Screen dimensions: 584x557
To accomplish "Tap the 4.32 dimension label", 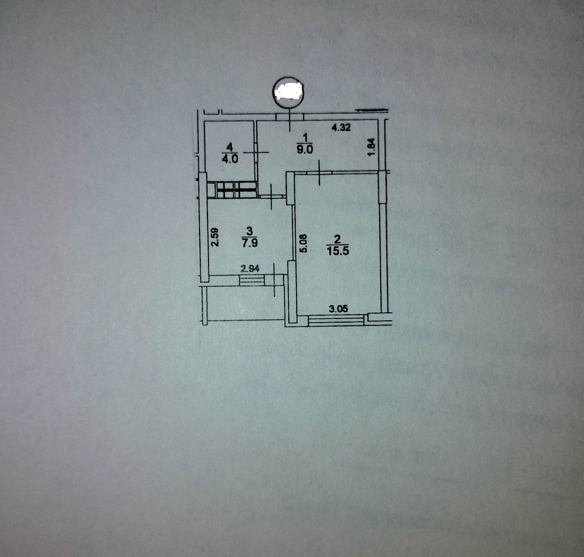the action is click(x=341, y=128).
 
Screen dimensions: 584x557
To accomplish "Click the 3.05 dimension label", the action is click(x=338, y=309).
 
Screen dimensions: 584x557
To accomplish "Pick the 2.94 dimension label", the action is click(x=250, y=269).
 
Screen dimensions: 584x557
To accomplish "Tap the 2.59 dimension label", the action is click(x=214, y=237).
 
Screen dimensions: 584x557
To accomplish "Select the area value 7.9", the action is click(x=249, y=243).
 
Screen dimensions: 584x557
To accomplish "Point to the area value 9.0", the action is click(x=305, y=149).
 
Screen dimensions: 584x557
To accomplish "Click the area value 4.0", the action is click(x=230, y=159).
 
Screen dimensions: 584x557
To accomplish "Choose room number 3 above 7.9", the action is click(x=249, y=231).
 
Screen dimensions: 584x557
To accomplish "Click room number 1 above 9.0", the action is click(x=305, y=137).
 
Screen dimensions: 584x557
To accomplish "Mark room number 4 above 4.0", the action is click(x=229, y=147).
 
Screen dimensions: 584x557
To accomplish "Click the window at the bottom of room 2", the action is click(x=337, y=320).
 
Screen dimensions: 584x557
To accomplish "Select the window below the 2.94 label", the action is click(x=252, y=280).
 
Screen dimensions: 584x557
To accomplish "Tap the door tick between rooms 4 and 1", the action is click(x=256, y=152).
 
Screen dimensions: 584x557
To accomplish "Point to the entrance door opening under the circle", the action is click(x=290, y=117).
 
